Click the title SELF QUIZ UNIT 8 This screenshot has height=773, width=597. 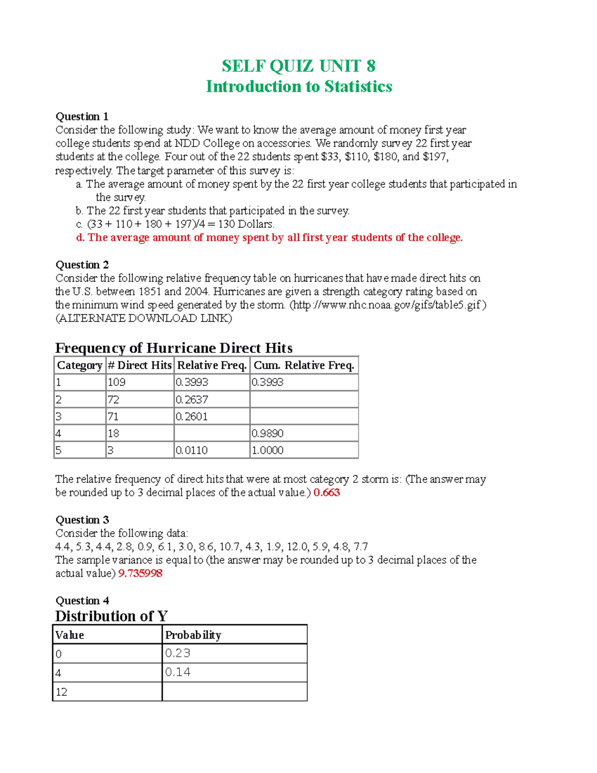298,66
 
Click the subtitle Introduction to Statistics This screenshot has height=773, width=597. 299,87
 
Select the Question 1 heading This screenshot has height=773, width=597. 82,116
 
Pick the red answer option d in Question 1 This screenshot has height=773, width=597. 269,237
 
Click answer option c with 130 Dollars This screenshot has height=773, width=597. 175,224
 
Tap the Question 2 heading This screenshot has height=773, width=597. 82,265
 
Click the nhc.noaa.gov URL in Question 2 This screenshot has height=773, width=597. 388,305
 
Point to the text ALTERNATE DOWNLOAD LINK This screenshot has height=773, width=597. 143,318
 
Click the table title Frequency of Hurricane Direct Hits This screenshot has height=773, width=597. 174,347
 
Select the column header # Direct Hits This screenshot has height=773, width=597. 139,365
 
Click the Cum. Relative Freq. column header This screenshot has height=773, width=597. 303,365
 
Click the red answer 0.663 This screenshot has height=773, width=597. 326,492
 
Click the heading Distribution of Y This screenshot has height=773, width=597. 111,616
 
